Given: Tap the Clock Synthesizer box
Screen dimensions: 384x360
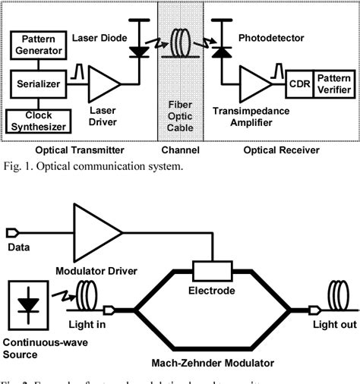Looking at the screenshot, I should [x=38, y=120].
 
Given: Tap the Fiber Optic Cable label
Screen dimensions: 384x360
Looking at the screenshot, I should [x=180, y=113].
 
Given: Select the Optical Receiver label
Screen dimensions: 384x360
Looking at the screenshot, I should [x=280, y=150].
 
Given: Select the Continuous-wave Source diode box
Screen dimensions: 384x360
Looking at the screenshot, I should [x=29, y=303].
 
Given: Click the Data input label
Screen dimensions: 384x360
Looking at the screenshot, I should [x=18, y=247].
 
